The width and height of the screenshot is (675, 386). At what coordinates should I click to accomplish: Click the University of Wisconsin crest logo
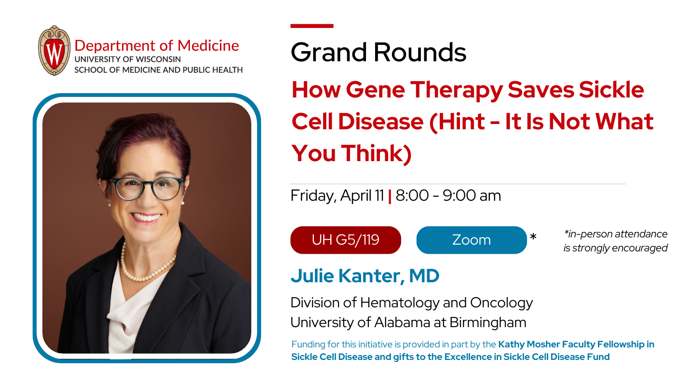pos(54,51)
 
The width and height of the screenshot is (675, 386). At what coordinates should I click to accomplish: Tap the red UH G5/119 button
pos(346,240)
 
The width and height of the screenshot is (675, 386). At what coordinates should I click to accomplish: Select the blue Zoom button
pos(472,240)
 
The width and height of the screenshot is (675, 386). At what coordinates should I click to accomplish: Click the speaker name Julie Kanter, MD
pos(365,276)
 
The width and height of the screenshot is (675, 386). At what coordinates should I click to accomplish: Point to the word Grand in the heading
pos(329,52)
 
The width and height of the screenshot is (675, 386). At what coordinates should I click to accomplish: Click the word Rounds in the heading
pos(420,52)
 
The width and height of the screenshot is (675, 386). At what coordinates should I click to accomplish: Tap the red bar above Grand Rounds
pos(312,26)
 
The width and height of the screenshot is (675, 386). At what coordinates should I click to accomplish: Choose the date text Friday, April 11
pos(337,196)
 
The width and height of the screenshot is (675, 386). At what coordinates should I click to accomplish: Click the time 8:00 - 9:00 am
pos(448,195)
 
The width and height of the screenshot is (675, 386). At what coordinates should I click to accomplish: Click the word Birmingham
pos(488,323)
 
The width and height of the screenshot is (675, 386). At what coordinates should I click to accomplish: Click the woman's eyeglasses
pos(147,188)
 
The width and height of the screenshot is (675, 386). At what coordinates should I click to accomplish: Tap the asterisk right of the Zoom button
pos(533,236)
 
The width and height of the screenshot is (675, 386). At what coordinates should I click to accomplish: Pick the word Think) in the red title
pos(377,153)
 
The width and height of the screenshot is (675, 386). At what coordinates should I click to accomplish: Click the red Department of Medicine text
pos(157,46)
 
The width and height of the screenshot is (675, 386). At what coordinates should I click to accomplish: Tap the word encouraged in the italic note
pos(640,248)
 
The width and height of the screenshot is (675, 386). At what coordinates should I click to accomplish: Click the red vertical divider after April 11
pos(390,196)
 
